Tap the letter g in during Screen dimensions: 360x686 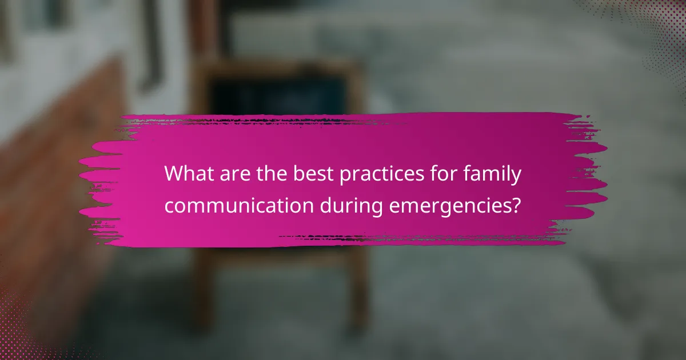(x=376, y=209)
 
